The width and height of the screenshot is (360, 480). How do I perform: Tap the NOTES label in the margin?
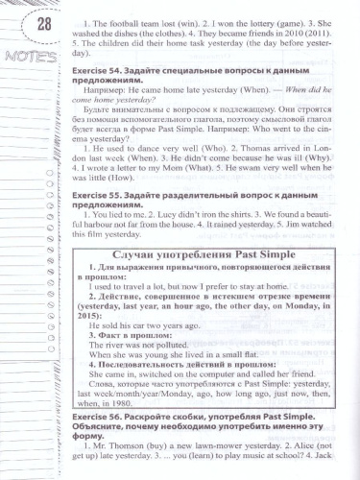(22, 57)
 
